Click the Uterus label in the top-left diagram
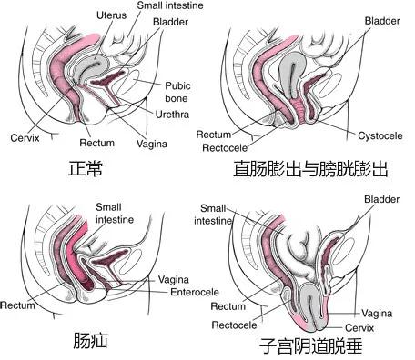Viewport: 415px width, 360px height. click(x=115, y=15)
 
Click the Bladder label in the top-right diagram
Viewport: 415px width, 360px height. click(x=382, y=20)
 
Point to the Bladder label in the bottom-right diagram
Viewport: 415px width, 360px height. click(x=381, y=198)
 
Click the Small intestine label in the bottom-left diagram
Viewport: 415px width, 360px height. click(x=114, y=214)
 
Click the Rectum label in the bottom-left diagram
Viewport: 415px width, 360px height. click(x=18, y=305)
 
